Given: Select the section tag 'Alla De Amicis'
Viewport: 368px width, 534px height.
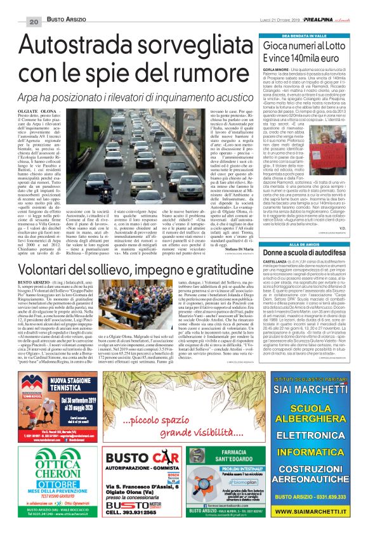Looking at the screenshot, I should click(x=295, y=226).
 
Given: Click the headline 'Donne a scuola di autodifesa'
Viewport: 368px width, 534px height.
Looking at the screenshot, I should click(x=296, y=236).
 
